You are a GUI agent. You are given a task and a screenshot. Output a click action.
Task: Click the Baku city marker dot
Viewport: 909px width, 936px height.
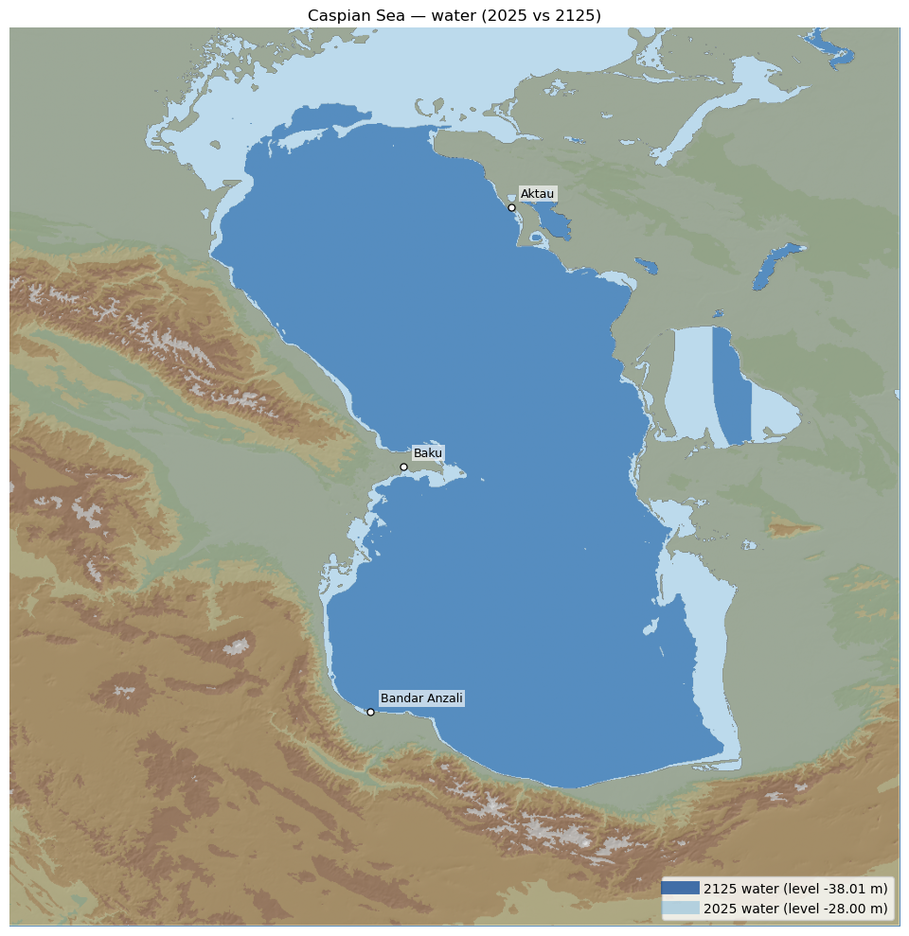[x=403, y=467]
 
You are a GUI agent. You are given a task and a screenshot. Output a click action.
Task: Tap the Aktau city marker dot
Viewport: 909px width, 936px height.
[x=511, y=207]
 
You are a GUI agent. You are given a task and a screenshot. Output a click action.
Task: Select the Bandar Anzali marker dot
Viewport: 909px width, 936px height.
[x=370, y=712]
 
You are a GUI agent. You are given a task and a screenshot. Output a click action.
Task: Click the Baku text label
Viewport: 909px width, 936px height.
[x=428, y=453]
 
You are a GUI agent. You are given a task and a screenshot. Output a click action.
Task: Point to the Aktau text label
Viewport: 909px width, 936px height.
[x=537, y=194]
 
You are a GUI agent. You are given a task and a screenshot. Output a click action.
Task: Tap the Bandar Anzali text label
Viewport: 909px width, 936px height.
[x=421, y=698]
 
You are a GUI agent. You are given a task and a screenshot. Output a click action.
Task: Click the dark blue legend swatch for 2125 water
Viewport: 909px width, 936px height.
[x=681, y=888]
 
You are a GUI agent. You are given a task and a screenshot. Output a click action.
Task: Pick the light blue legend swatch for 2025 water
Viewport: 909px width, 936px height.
[x=681, y=909]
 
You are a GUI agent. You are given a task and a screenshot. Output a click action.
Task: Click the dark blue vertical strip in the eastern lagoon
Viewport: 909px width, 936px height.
[x=731, y=388]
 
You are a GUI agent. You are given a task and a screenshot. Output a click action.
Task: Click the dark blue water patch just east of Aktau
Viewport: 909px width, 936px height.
[x=555, y=225]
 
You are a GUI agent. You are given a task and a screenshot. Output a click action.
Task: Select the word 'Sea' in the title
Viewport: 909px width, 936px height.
[x=380, y=15]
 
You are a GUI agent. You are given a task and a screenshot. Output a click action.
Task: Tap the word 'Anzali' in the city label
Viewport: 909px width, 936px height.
[x=444, y=698]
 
